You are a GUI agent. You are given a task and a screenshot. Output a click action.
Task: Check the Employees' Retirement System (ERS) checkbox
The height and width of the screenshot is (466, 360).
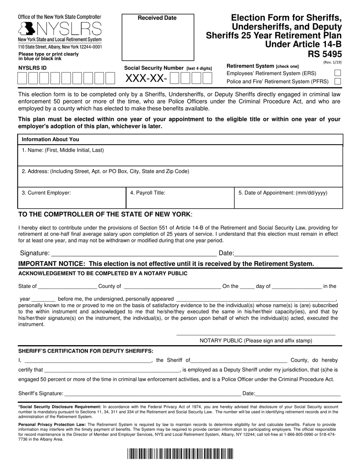coord(338,73)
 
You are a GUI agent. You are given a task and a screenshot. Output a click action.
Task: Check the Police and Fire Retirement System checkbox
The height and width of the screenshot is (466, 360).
coord(338,81)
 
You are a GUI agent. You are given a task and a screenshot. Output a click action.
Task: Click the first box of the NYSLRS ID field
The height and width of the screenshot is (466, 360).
coord(22,78)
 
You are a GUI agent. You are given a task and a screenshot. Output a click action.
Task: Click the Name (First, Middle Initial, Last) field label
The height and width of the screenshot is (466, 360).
coord(63,150)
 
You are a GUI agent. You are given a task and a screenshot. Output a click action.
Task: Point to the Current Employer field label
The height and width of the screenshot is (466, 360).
coord(46,193)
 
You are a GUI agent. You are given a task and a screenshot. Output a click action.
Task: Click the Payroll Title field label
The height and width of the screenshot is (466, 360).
coord(148,193)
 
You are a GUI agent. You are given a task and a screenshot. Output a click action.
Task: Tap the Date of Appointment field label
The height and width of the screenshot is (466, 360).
coord(283,193)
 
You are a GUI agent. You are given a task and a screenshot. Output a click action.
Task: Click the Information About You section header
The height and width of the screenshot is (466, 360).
coord(50,139)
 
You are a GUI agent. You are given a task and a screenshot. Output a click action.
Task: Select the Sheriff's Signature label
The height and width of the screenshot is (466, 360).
coord(41,394)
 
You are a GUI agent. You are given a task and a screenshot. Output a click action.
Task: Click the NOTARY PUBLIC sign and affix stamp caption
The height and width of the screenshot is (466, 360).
coord(256,341)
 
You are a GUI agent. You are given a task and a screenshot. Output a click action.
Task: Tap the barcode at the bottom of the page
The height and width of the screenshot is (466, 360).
coord(180,453)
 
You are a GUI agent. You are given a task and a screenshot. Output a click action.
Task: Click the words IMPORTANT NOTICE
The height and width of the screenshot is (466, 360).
coord(52,264)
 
